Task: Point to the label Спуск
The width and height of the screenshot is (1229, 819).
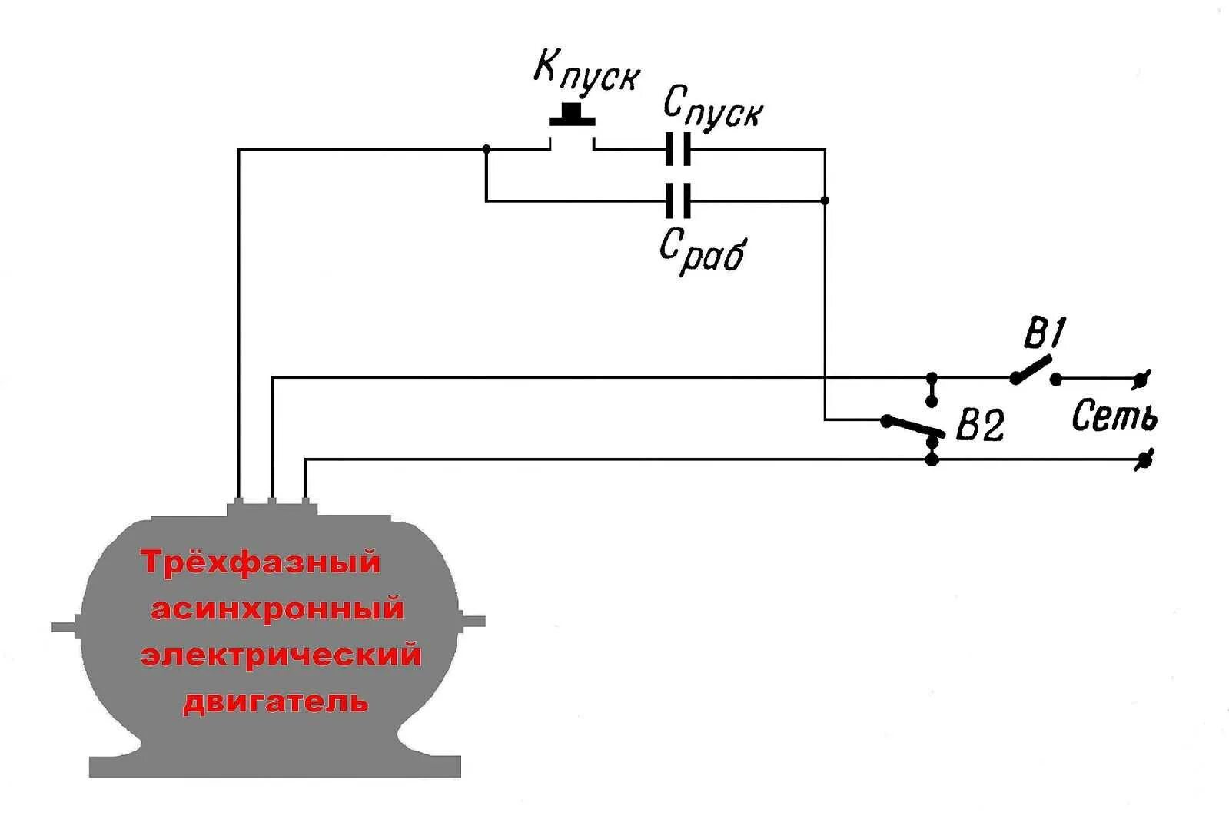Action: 712,108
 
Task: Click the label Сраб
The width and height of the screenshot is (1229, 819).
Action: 702,249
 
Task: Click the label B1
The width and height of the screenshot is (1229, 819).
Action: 1044,334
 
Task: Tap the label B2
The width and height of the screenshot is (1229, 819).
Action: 979,424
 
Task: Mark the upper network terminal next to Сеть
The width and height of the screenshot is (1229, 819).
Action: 1144,378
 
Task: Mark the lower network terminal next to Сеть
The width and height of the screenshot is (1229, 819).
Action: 1144,459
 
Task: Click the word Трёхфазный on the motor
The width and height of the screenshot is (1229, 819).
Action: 261,562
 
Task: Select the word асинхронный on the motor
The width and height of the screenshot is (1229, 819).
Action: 277,609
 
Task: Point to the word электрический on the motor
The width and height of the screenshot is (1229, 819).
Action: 281,655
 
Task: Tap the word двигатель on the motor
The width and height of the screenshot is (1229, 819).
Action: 275,701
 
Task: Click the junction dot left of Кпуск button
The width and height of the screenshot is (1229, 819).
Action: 486,148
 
